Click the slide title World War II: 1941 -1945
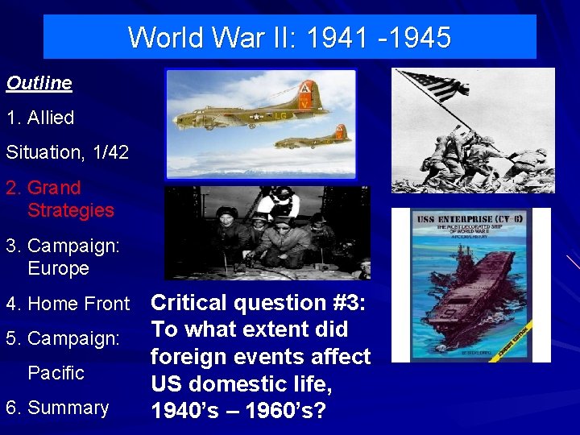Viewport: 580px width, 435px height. click(289, 37)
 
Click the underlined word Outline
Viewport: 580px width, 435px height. click(39, 83)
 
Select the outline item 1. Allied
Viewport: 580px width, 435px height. click(40, 118)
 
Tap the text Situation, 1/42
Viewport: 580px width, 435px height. click(67, 152)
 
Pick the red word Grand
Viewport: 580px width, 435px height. click(54, 188)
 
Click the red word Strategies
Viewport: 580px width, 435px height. click(71, 210)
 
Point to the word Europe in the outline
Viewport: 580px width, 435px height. click(58, 268)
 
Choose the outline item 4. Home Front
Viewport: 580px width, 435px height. click(68, 304)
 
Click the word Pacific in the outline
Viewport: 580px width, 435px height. click(56, 373)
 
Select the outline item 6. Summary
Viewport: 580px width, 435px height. click(57, 408)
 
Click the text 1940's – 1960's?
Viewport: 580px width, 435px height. click(238, 411)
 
